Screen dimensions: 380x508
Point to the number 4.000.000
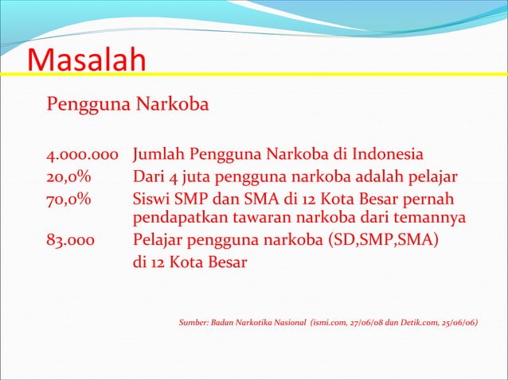coord(83,153)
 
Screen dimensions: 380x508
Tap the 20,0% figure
coord(70,176)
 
